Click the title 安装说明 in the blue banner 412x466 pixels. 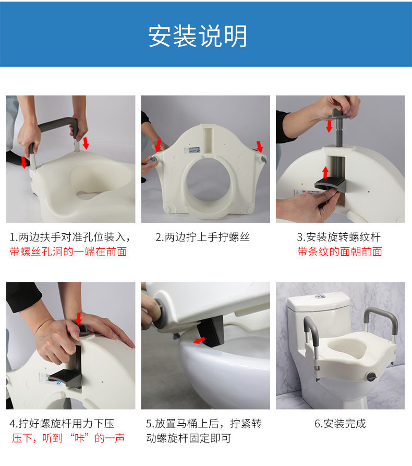(x=198, y=36)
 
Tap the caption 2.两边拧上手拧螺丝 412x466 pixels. (x=202, y=237)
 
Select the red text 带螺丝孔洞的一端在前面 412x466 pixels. (x=68, y=252)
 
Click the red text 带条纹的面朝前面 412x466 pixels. (x=340, y=252)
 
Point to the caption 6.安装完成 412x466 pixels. (x=340, y=424)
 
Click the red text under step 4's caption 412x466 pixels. (x=68, y=438)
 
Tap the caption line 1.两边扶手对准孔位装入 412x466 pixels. (x=70, y=237)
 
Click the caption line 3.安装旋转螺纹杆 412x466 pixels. (x=338, y=237)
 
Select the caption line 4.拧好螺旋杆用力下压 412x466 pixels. (x=62, y=424)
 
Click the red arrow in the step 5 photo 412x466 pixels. (x=199, y=340)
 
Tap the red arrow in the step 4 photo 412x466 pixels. (x=79, y=319)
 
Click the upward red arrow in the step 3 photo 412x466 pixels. (x=325, y=172)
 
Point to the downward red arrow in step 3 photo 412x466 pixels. (x=329, y=126)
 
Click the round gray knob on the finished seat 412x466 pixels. (x=372, y=377)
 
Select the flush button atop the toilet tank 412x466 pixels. (x=319, y=296)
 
